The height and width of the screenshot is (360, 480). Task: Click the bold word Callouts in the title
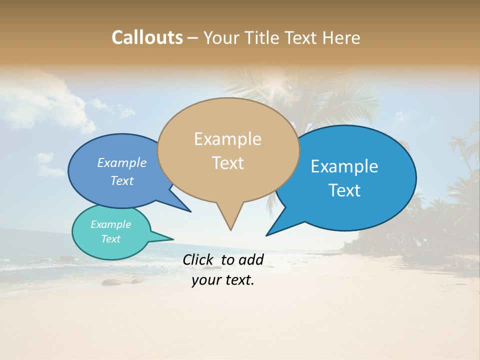(x=147, y=37)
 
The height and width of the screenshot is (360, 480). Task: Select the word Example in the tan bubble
(x=227, y=139)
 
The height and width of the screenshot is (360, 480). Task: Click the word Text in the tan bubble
(x=227, y=162)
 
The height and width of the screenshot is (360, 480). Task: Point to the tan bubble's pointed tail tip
(x=230, y=229)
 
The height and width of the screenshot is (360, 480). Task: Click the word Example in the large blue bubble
(x=344, y=166)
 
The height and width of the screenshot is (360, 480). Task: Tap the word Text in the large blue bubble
(x=344, y=190)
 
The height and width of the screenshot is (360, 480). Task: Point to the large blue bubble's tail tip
(x=267, y=235)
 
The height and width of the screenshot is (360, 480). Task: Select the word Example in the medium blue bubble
(x=122, y=163)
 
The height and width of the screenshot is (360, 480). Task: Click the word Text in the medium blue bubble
(x=122, y=180)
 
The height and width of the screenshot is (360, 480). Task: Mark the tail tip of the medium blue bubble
(x=190, y=211)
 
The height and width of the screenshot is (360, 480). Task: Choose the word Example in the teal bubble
(x=111, y=224)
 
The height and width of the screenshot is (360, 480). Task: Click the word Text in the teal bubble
(x=111, y=239)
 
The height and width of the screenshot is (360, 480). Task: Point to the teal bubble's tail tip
(x=173, y=239)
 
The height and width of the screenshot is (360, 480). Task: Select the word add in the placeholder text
(x=251, y=259)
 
